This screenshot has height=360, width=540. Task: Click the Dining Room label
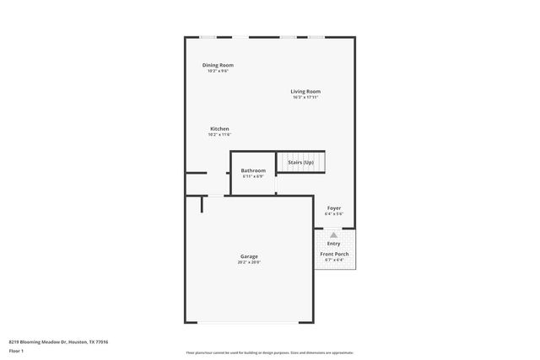(x=218, y=65)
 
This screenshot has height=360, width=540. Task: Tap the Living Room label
(x=305, y=91)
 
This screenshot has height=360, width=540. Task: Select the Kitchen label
(x=219, y=129)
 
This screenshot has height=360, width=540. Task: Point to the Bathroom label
(x=253, y=170)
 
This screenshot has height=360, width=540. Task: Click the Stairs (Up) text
(x=301, y=162)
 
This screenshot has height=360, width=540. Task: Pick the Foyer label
(x=334, y=207)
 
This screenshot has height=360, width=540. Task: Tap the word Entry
(x=333, y=244)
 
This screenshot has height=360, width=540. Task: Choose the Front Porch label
(x=334, y=254)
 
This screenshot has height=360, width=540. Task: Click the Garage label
(x=249, y=256)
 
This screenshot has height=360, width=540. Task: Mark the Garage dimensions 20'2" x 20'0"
(x=249, y=262)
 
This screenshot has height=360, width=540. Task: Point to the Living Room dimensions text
(x=305, y=97)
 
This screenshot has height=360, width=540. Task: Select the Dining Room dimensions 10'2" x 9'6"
(x=218, y=71)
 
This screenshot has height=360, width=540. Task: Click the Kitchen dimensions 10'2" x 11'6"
(x=219, y=135)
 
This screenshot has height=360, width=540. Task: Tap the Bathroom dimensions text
(x=253, y=176)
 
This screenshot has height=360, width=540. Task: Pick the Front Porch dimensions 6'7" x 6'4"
(x=334, y=260)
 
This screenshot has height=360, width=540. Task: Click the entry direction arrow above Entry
(x=333, y=235)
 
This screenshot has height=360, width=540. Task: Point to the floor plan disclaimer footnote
(x=270, y=352)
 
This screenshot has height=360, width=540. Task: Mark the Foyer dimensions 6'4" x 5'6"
(x=334, y=213)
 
